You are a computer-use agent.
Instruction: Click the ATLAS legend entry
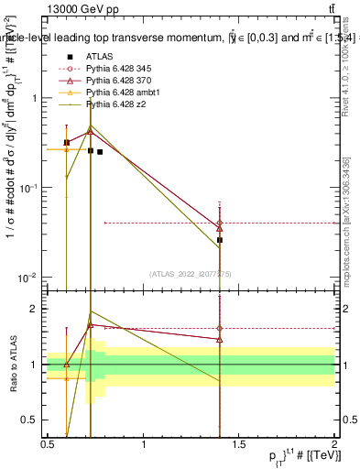pyautogui.click(x=101, y=56)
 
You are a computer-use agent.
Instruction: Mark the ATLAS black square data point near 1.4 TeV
pyautogui.click(x=220, y=240)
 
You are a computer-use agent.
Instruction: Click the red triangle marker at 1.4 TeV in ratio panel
pyautogui.click(x=220, y=339)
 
